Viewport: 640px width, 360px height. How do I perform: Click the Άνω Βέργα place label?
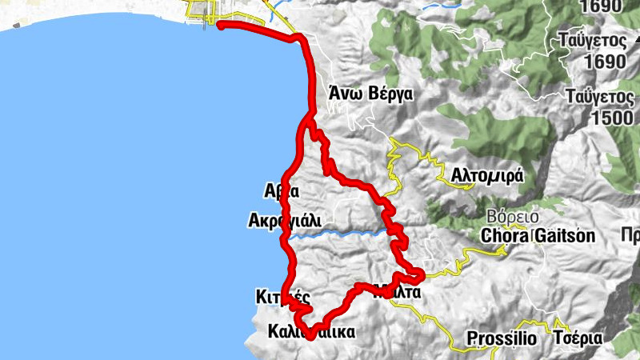click(x=370, y=94)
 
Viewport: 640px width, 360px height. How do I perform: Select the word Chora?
click(x=505, y=236)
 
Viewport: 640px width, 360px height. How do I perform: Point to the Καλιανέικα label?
click(x=312, y=330)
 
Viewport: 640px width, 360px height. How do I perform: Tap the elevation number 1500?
click(x=607, y=117)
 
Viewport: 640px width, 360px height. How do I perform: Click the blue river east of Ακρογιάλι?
click(x=336, y=234)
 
